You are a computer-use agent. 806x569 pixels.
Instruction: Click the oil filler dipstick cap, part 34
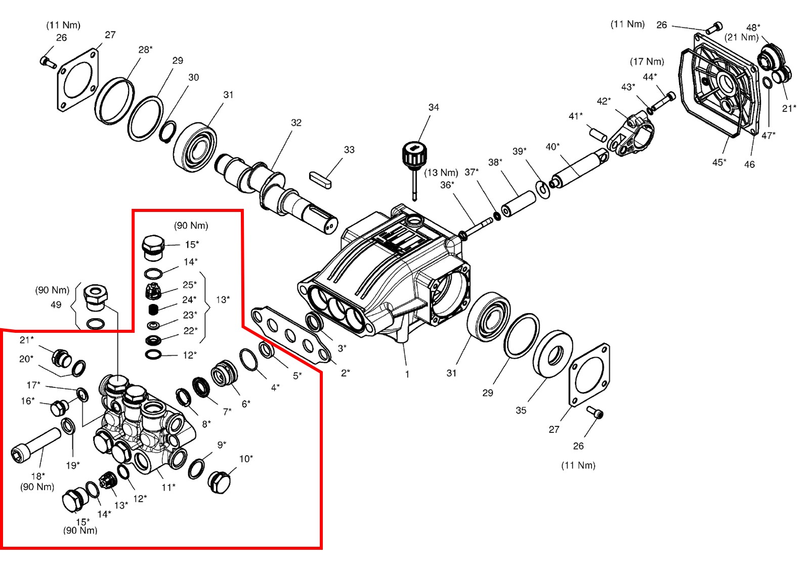(414, 153)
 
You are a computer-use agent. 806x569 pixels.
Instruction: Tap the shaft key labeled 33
(320, 180)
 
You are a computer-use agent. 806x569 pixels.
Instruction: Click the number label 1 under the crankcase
(407, 374)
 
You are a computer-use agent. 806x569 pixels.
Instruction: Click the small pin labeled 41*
(598, 135)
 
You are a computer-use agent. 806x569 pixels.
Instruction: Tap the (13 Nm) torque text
(441, 173)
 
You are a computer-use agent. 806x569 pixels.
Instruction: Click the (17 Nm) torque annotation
(647, 62)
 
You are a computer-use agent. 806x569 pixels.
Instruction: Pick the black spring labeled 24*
(154, 309)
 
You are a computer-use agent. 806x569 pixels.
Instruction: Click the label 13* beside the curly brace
(223, 299)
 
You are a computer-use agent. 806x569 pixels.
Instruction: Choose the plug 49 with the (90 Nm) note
(96, 296)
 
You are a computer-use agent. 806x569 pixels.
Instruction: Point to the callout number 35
(521, 410)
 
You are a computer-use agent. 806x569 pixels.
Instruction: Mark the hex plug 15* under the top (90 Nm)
(153, 247)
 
